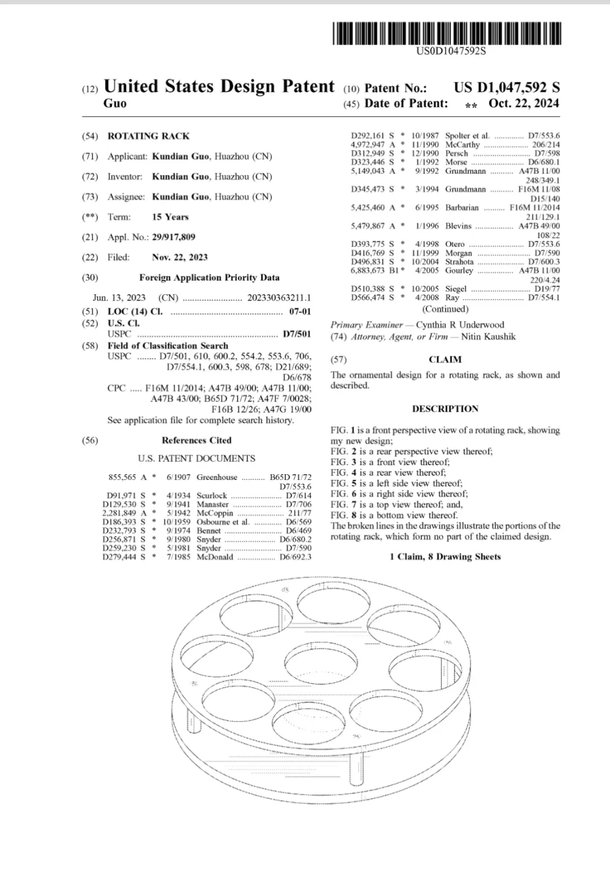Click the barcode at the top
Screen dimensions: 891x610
447,33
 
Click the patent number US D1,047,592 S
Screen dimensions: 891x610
507,88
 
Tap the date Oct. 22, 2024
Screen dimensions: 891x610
524,103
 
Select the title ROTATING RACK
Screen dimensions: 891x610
149,136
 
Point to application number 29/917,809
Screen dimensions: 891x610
173,237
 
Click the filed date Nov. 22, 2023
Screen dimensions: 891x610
180,257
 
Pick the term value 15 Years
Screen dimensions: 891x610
170,217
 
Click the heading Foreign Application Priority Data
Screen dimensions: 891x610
209,278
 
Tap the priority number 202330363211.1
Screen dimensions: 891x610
279,298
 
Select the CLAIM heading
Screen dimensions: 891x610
445,360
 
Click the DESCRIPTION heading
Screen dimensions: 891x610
445,409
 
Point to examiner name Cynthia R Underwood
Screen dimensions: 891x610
460,325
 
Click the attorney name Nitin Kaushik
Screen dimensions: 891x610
488,337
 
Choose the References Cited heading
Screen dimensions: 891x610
197,440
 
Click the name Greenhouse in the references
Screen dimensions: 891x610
217,478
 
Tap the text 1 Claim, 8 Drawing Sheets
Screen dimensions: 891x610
445,557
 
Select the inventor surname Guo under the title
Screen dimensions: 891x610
115,103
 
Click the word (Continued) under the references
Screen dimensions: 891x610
445,309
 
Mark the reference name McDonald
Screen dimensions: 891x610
215,557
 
